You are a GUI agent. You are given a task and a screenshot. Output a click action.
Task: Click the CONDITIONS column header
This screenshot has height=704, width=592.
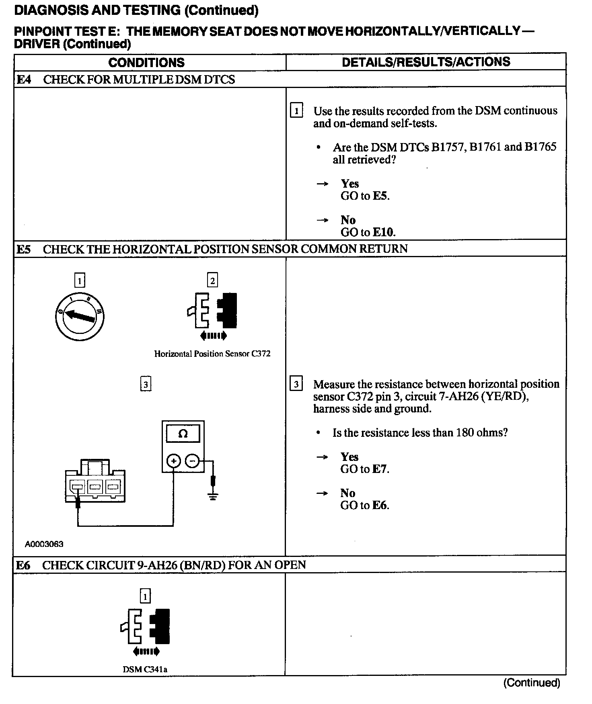(146, 63)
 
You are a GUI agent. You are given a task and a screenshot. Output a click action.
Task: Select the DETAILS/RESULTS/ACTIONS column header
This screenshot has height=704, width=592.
(426, 62)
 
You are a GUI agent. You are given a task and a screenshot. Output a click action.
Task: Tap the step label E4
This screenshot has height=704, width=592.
(24, 80)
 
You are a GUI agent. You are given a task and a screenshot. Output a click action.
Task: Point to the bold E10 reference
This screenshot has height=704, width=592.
(384, 232)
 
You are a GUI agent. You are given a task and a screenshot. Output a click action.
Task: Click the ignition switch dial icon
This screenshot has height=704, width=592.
(80, 316)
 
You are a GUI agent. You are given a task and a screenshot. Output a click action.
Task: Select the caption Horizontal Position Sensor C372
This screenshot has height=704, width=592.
(212, 354)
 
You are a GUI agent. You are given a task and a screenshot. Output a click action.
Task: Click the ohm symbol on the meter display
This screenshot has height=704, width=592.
(183, 434)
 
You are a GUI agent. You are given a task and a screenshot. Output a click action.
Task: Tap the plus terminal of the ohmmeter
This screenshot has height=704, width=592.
(174, 461)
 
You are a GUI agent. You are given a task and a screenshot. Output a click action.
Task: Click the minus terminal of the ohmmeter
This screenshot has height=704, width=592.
(193, 461)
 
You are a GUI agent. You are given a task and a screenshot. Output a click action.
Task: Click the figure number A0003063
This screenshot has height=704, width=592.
(44, 544)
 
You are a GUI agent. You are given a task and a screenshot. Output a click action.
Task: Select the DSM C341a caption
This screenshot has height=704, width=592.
(145, 669)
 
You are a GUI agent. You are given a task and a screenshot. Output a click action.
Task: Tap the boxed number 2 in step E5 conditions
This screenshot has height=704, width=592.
(212, 280)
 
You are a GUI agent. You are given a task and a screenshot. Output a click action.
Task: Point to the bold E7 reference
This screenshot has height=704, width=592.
(380, 469)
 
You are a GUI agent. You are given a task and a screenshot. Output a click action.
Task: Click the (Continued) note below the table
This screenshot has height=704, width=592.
(532, 682)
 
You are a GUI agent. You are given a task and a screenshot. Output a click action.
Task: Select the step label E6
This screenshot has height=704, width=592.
(23, 565)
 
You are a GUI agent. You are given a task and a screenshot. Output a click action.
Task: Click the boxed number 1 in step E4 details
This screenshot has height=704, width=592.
(296, 111)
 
